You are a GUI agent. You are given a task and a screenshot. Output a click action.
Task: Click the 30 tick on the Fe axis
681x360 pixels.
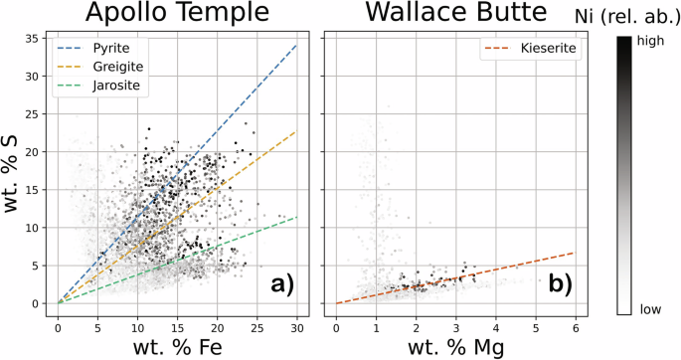pos(297,325)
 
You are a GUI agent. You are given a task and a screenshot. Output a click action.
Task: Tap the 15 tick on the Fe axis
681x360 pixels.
pos(178,325)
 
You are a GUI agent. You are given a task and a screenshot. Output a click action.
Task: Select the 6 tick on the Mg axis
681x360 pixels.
pos(577,325)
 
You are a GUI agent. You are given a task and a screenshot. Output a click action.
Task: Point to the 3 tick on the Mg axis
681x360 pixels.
pos(456,325)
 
